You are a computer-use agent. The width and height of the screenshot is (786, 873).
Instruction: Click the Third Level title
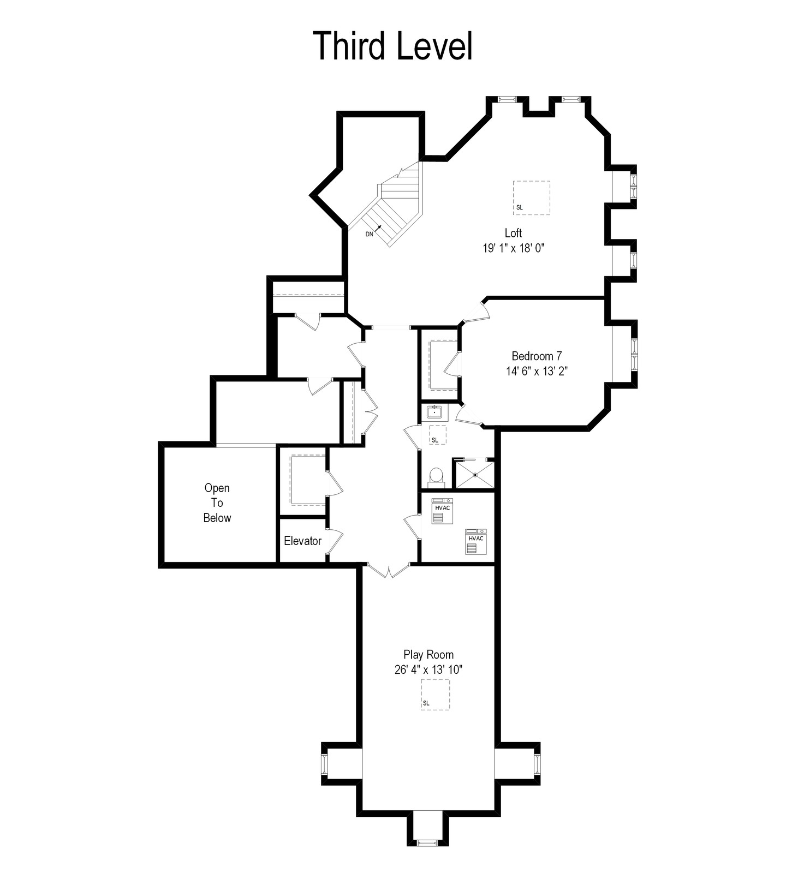point(393,46)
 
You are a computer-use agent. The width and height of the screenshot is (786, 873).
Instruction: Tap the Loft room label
point(513,233)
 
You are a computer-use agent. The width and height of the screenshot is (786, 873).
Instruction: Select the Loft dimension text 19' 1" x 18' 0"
point(514,248)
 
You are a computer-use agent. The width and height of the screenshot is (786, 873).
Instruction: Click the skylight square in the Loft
point(531,198)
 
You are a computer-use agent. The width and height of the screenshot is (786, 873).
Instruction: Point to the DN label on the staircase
point(370,234)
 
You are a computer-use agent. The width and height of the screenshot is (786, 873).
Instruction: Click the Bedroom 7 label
point(537,356)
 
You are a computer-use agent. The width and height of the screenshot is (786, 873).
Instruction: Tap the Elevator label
point(302,541)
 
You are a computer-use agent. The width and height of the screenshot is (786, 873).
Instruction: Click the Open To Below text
point(217,503)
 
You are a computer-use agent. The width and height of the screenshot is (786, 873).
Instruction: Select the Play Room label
point(428,654)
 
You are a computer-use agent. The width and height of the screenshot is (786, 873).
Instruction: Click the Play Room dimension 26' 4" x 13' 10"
point(428,669)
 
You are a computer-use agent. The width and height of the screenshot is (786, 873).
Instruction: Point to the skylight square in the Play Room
point(435,694)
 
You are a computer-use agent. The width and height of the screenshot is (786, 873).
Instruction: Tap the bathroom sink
point(435,411)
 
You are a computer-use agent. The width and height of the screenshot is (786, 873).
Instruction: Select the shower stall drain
point(475,475)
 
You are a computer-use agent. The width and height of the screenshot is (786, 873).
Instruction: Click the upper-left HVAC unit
point(442,511)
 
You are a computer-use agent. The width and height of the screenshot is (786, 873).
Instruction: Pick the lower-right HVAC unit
point(476,542)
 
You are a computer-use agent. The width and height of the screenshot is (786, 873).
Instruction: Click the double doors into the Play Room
point(388,571)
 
